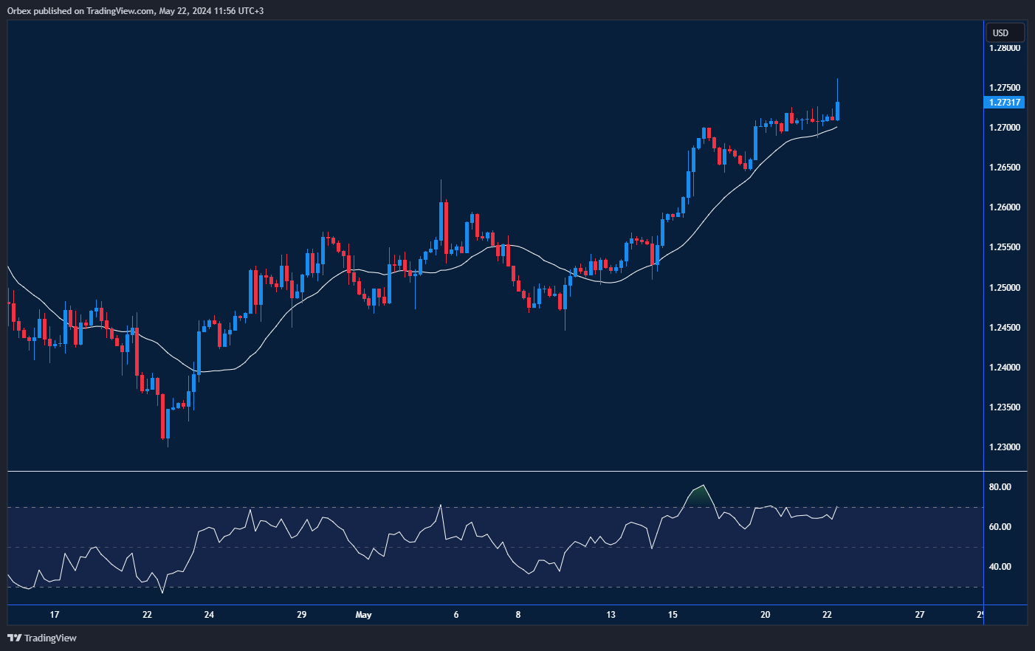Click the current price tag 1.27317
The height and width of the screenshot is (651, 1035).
pos(1005,103)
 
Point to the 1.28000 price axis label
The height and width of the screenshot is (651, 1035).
pos(1005,48)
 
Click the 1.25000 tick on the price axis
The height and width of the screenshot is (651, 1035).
pos(1005,288)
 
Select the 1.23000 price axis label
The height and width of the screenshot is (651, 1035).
pos(1005,447)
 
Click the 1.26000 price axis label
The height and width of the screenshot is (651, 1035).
pos(1005,207)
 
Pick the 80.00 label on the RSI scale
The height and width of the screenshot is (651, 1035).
pos(1000,487)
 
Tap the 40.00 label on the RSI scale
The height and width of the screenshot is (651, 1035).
pos(1000,567)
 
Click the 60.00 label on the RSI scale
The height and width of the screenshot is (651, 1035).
pos(1000,527)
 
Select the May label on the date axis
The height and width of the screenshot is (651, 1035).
pos(363,615)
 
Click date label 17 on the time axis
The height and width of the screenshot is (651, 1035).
pos(54,615)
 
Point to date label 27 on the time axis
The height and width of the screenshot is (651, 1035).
pos(920,615)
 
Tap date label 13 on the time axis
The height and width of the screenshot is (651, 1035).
pos(611,615)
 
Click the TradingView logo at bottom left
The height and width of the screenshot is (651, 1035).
pos(42,638)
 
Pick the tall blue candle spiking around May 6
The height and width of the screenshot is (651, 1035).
pos(441,225)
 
